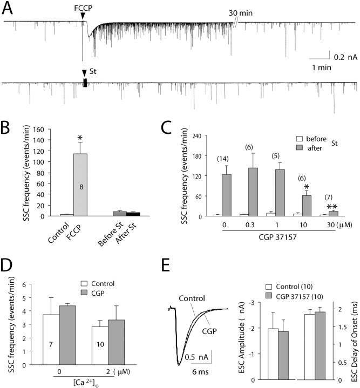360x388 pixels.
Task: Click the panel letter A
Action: click(x=9, y=8)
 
